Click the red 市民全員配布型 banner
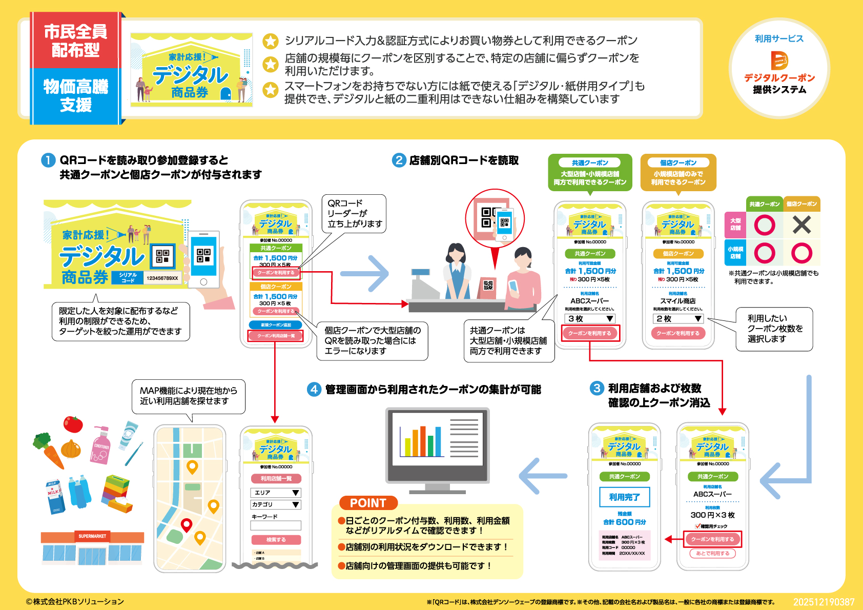(x=75, y=41)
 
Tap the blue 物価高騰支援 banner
(x=75, y=96)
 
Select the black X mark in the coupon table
(x=802, y=225)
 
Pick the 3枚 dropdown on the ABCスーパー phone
(x=590, y=318)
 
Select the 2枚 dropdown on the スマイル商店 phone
(x=679, y=318)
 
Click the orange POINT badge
(x=368, y=503)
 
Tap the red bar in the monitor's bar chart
(x=423, y=441)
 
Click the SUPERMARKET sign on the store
(x=92, y=536)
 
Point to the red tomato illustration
(x=73, y=424)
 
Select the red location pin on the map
(x=187, y=525)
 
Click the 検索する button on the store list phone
(x=276, y=540)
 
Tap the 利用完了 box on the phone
(x=624, y=497)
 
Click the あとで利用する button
(x=712, y=553)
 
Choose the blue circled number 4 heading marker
(x=314, y=389)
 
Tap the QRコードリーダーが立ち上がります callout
(x=355, y=213)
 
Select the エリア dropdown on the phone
(x=276, y=492)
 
